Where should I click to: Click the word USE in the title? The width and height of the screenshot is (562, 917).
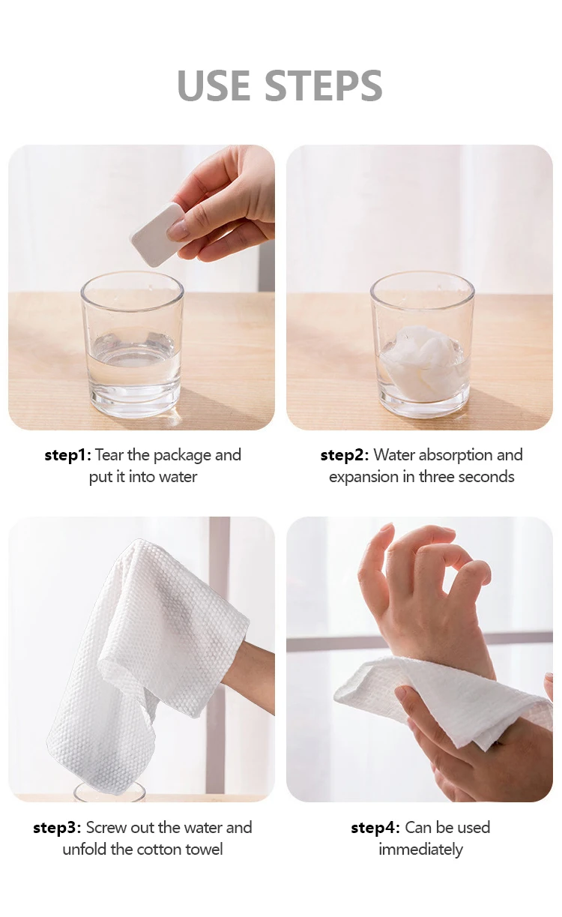point(214,85)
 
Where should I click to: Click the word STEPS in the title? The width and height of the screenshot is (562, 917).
point(324,85)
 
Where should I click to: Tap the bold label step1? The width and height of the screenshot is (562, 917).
point(68,455)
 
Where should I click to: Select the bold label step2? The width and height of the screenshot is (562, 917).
point(345,455)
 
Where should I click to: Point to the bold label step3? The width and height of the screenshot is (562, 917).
point(57,828)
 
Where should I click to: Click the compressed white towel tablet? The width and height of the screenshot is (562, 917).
point(157,235)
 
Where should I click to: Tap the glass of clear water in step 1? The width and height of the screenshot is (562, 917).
point(132,345)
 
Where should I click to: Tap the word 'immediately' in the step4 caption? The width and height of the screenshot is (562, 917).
point(420,850)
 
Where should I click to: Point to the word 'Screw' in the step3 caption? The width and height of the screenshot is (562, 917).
point(106,828)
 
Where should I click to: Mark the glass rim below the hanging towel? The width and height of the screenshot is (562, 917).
point(109,790)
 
